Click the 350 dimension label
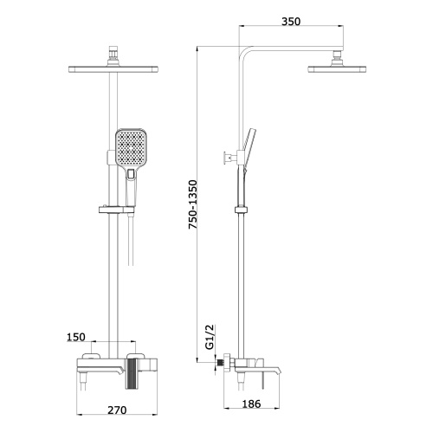point(291,22)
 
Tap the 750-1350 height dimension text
point(192,204)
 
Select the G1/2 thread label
point(210,337)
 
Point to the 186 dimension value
point(251,404)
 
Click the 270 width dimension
point(117,410)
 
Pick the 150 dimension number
point(76,337)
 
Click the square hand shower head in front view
point(132,150)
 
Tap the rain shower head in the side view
point(337,69)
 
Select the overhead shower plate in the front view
point(113,69)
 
